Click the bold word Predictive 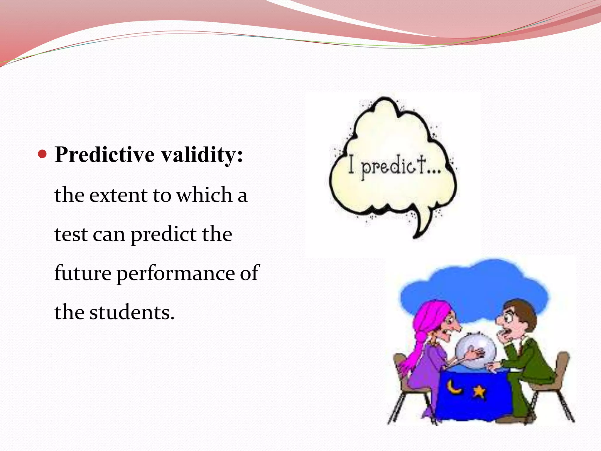point(104,155)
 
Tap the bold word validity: point(202,155)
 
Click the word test point(71,235)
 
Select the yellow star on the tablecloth point(479,391)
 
